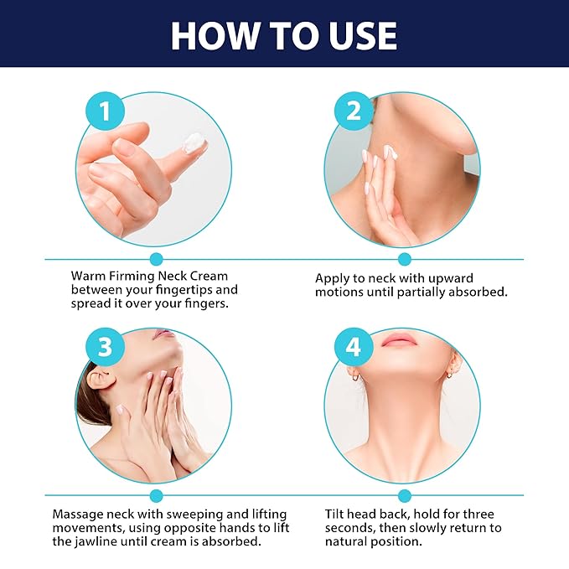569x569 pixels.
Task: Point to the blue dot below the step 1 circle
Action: (x=155, y=259)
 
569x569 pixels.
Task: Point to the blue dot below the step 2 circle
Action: (x=405, y=259)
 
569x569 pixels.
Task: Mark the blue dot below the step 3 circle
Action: (x=155, y=495)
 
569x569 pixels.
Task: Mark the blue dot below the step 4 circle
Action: (x=405, y=495)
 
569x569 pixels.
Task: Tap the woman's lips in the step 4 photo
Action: (x=400, y=339)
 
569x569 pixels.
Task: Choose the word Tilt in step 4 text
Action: (x=337, y=513)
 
